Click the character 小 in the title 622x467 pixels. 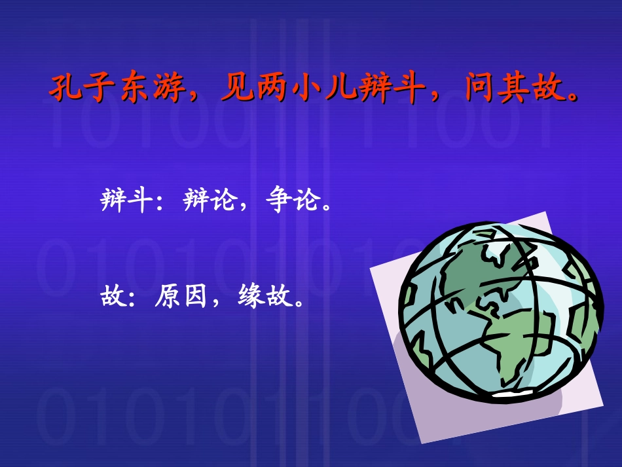(305, 88)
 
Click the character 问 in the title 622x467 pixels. (479, 88)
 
